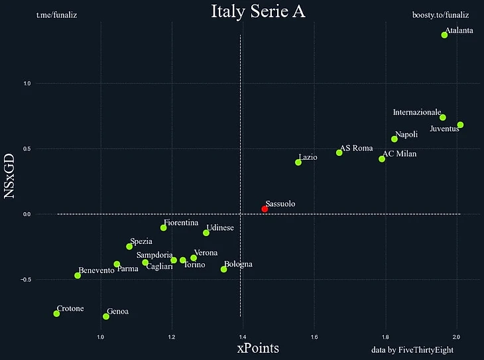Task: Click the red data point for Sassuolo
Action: [x=265, y=209]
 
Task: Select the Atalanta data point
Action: [x=444, y=35]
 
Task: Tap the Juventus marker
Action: [x=460, y=125]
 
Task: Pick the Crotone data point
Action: [x=56, y=314]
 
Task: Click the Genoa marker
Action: [x=106, y=316]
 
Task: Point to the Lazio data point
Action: [x=298, y=162]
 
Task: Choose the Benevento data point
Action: [x=78, y=275]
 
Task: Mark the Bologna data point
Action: [x=223, y=269]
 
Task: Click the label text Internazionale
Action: [x=416, y=113]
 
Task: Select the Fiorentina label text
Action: [x=181, y=223]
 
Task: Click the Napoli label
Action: [x=406, y=134]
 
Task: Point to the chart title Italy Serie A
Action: [x=258, y=11]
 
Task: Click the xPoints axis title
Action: [x=258, y=348]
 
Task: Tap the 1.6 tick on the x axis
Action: [x=314, y=337]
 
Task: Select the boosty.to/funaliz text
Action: [x=440, y=14]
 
